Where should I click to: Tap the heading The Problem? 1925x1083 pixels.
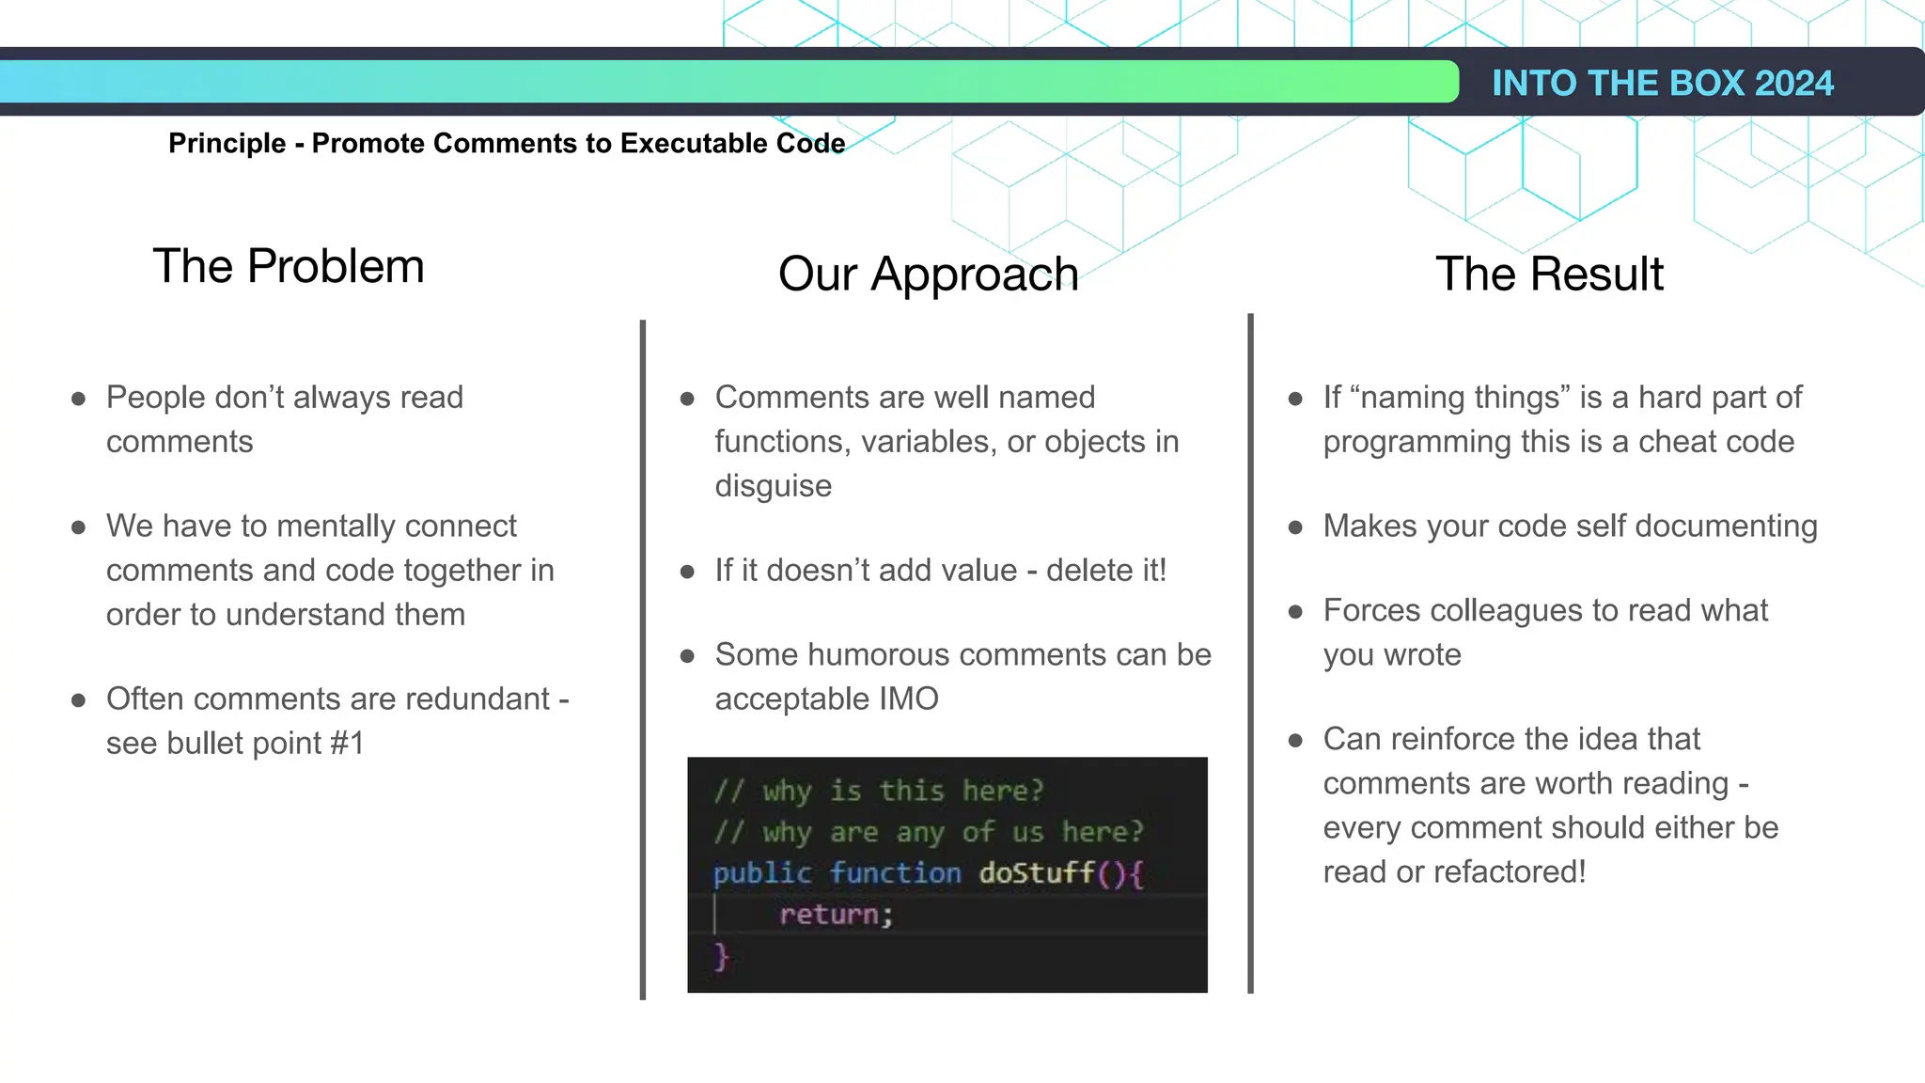289,266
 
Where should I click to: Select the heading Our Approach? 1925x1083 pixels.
928,275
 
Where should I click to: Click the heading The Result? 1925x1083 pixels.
1549,275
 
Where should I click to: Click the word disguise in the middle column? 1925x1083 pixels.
773,486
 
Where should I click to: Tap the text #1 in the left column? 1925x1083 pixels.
347,744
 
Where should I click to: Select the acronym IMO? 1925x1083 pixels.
908,699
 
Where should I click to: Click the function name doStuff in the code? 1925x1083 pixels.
1037,873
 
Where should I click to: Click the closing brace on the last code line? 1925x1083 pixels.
721,957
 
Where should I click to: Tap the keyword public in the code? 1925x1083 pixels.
761,873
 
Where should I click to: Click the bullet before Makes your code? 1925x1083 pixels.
1295,527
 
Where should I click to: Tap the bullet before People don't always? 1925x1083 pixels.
79,399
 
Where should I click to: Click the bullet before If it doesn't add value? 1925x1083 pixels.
687,572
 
